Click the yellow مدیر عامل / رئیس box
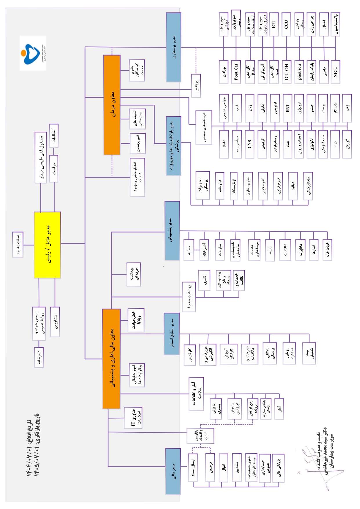[x=47, y=245]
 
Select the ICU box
[x=274, y=24]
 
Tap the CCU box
[x=286, y=24]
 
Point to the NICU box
[x=335, y=72]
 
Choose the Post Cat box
[x=236, y=72]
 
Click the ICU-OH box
[x=286, y=72]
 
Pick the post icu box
[x=299, y=72]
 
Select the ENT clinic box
[x=287, y=108]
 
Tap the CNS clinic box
[x=249, y=144]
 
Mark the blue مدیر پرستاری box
[x=173, y=47]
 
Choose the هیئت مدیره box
[x=18, y=244]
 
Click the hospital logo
[x=33, y=53]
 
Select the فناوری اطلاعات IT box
[x=133, y=418]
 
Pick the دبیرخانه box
[x=39, y=357]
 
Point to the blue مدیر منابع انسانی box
[x=171, y=334]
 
